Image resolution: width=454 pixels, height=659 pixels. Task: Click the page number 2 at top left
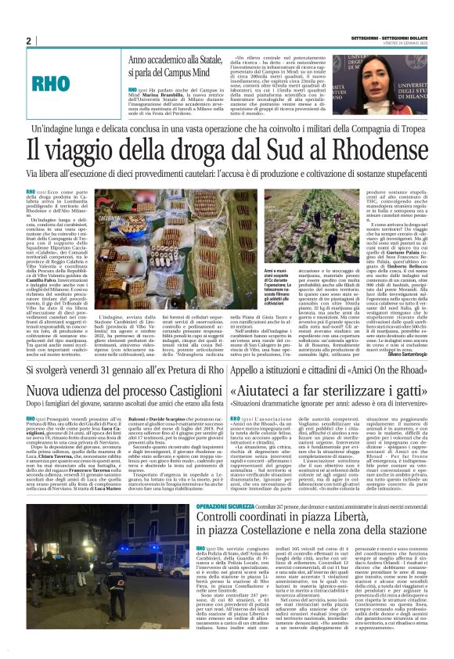coord(28,41)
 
